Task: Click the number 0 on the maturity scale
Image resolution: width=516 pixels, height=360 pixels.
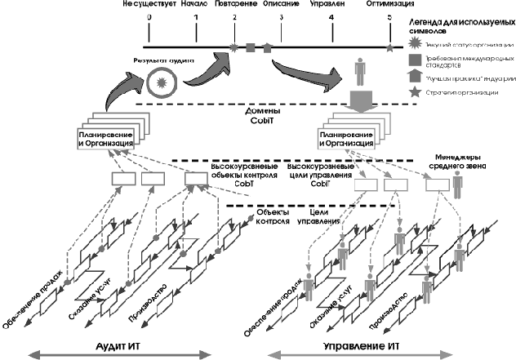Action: (x=149, y=17)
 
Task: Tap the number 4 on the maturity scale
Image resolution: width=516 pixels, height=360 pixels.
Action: (x=331, y=17)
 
